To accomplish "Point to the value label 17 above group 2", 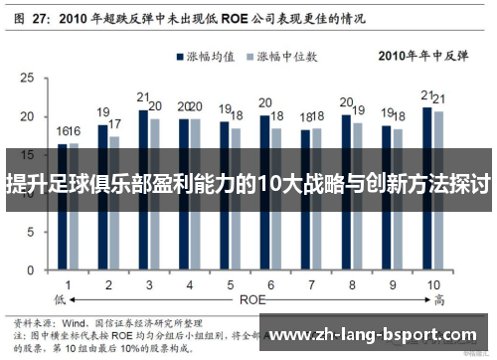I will click(115, 124).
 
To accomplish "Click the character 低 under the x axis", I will click(61, 298).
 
